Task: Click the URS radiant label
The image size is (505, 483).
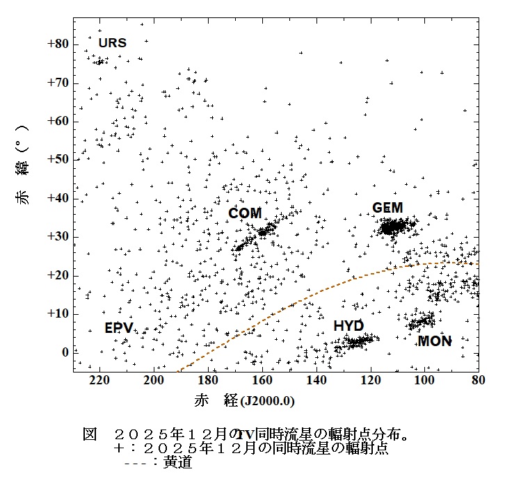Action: (112, 43)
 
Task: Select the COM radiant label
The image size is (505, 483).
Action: (245, 213)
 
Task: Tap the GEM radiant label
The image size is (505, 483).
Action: (387, 208)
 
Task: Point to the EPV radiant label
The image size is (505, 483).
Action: (119, 327)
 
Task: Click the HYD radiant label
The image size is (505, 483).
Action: (348, 326)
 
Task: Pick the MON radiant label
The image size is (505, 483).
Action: (435, 341)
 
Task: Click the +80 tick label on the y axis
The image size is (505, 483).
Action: (58, 44)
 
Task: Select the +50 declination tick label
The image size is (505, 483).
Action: (58, 160)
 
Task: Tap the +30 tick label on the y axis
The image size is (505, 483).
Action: (58, 237)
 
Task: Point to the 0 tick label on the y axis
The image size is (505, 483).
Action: (65, 352)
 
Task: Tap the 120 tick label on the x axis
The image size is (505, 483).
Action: (371, 381)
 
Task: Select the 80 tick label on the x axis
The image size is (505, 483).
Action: (479, 381)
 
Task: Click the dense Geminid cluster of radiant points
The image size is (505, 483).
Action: (392, 227)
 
